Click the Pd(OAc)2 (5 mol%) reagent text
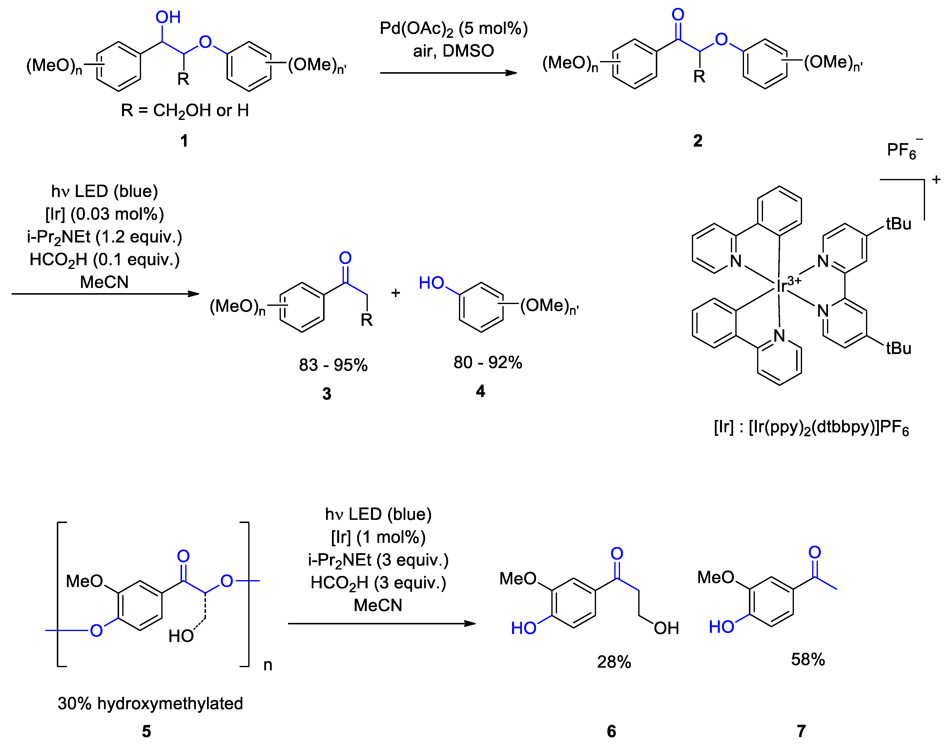point(454,29)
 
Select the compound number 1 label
point(184,141)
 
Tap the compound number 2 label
point(698,141)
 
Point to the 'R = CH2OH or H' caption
point(185,110)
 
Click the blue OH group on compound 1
point(168,18)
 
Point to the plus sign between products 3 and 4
point(395,293)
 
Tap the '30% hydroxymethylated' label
point(150,703)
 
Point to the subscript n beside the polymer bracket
point(268,665)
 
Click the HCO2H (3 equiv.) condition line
point(378,583)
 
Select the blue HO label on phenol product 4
point(431,283)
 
